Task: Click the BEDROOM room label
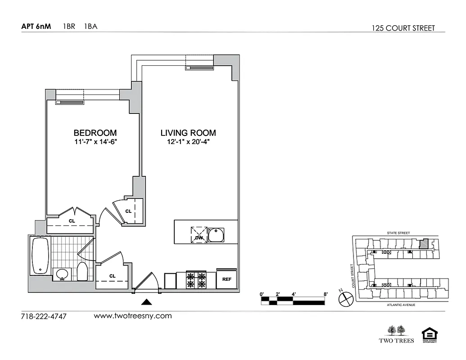point(95,133)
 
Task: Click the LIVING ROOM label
point(188,133)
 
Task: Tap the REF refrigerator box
point(226,279)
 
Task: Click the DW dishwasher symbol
point(199,235)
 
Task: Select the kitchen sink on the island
point(217,235)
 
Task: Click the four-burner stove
point(196,280)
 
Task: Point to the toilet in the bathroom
point(82,272)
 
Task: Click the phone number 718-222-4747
point(44,316)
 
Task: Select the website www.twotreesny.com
point(132,316)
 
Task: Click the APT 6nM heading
point(36,26)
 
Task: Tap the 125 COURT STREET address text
point(403,28)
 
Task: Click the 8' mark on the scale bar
point(325,294)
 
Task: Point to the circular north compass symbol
point(346,298)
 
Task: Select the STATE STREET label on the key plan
point(398,233)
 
